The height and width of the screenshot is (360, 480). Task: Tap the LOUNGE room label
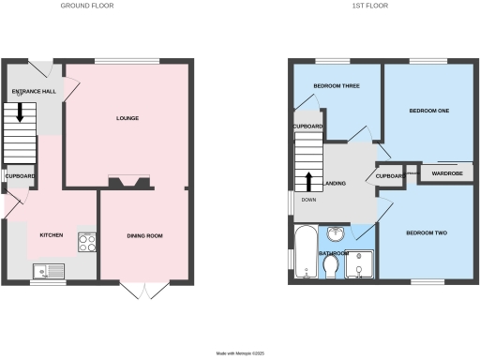127,119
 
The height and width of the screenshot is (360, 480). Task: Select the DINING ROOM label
145,235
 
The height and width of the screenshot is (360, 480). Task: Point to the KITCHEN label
51,234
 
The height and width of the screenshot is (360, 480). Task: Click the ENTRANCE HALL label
33,91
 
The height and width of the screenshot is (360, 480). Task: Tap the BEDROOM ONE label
429,112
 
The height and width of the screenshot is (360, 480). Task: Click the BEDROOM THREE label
336,86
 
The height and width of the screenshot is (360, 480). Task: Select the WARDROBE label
445,173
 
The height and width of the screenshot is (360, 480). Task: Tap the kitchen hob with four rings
87,242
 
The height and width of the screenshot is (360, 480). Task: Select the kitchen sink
47,272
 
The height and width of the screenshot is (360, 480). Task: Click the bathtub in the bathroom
304,253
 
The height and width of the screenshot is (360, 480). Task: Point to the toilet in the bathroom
329,269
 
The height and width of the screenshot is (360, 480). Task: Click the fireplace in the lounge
127,183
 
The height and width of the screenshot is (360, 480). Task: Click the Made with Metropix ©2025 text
241,353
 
